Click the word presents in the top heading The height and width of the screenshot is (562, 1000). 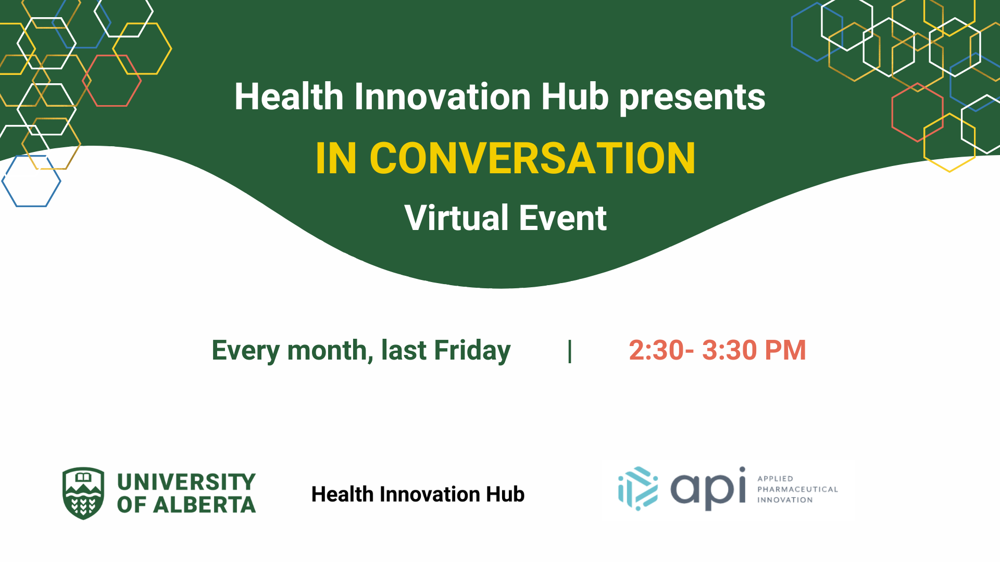[692, 98]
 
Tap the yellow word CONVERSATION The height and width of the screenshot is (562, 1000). [532, 158]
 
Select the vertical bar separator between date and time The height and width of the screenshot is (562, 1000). [570, 351]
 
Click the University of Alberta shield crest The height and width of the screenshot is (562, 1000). [83, 493]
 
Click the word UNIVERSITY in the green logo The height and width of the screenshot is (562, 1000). [186, 482]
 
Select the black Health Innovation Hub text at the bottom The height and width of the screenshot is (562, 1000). [418, 494]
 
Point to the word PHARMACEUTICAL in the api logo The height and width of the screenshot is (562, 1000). [797, 489]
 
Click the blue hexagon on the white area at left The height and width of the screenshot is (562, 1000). [31, 181]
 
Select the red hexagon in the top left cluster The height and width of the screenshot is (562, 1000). [112, 81]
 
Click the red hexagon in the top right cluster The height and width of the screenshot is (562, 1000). [917, 112]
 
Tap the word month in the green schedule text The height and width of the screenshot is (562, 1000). [327, 351]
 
